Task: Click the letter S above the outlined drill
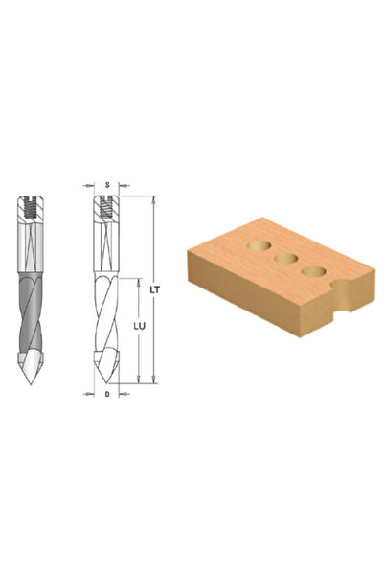coord(107,185)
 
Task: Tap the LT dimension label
coord(155,289)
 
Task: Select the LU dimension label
coord(139,326)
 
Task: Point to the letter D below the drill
coord(107,394)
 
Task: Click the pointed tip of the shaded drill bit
coord(31,384)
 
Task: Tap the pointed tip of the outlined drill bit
coord(107,383)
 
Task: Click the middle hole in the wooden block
coord(286,258)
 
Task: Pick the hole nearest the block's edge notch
coord(313,271)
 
